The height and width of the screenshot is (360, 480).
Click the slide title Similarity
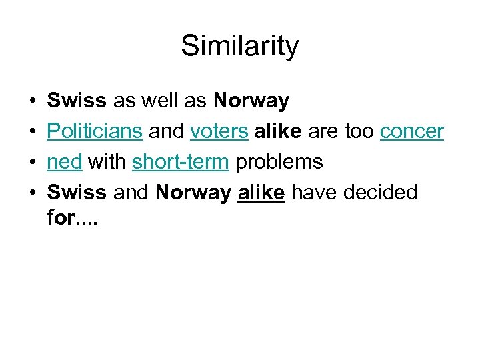tap(240, 47)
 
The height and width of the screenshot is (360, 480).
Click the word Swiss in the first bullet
tap(77, 101)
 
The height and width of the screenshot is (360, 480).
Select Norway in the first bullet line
tap(251, 101)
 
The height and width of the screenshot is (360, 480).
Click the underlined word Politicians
tap(95, 132)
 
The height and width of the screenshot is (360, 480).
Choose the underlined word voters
tap(218, 132)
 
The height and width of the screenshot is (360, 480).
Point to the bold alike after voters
tap(277, 132)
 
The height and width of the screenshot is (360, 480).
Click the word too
tap(359, 132)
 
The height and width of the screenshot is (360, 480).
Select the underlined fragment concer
tap(411, 132)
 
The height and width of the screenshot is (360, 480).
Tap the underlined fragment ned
tap(64, 163)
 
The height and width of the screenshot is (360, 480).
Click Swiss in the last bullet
tap(77, 193)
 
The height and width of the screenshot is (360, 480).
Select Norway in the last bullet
tap(193, 193)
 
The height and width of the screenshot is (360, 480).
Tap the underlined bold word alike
tap(261, 193)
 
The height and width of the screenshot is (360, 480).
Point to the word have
tap(314, 193)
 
